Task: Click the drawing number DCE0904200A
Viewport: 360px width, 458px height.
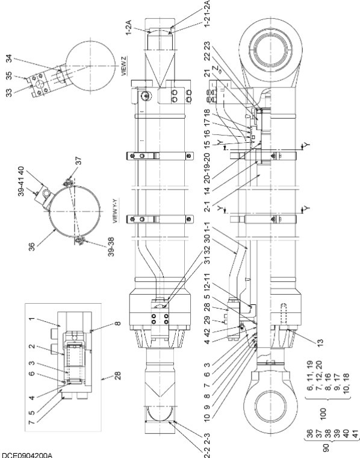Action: (x=26, y=455)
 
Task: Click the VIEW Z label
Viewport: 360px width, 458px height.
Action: (x=124, y=66)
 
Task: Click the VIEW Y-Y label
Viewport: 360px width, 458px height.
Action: (x=115, y=211)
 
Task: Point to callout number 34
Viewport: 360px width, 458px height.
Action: (x=10, y=58)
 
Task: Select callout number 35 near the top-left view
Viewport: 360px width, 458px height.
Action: (x=10, y=76)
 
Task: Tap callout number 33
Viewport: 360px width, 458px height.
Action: (x=10, y=93)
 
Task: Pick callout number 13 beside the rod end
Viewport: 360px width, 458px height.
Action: (x=320, y=342)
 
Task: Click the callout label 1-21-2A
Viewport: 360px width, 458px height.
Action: (x=206, y=14)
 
